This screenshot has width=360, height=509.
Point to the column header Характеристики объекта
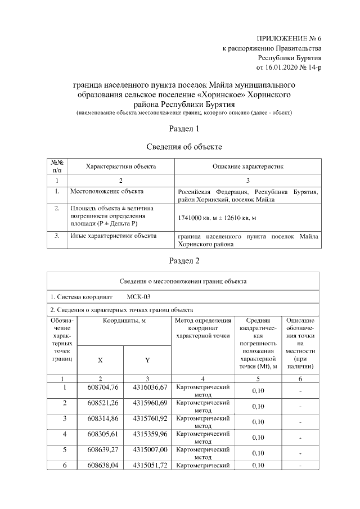pyautogui.click(x=120, y=166)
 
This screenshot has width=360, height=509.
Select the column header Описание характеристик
pyautogui.click(x=247, y=166)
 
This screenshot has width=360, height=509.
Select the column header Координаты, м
pyautogui.click(x=124, y=320)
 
